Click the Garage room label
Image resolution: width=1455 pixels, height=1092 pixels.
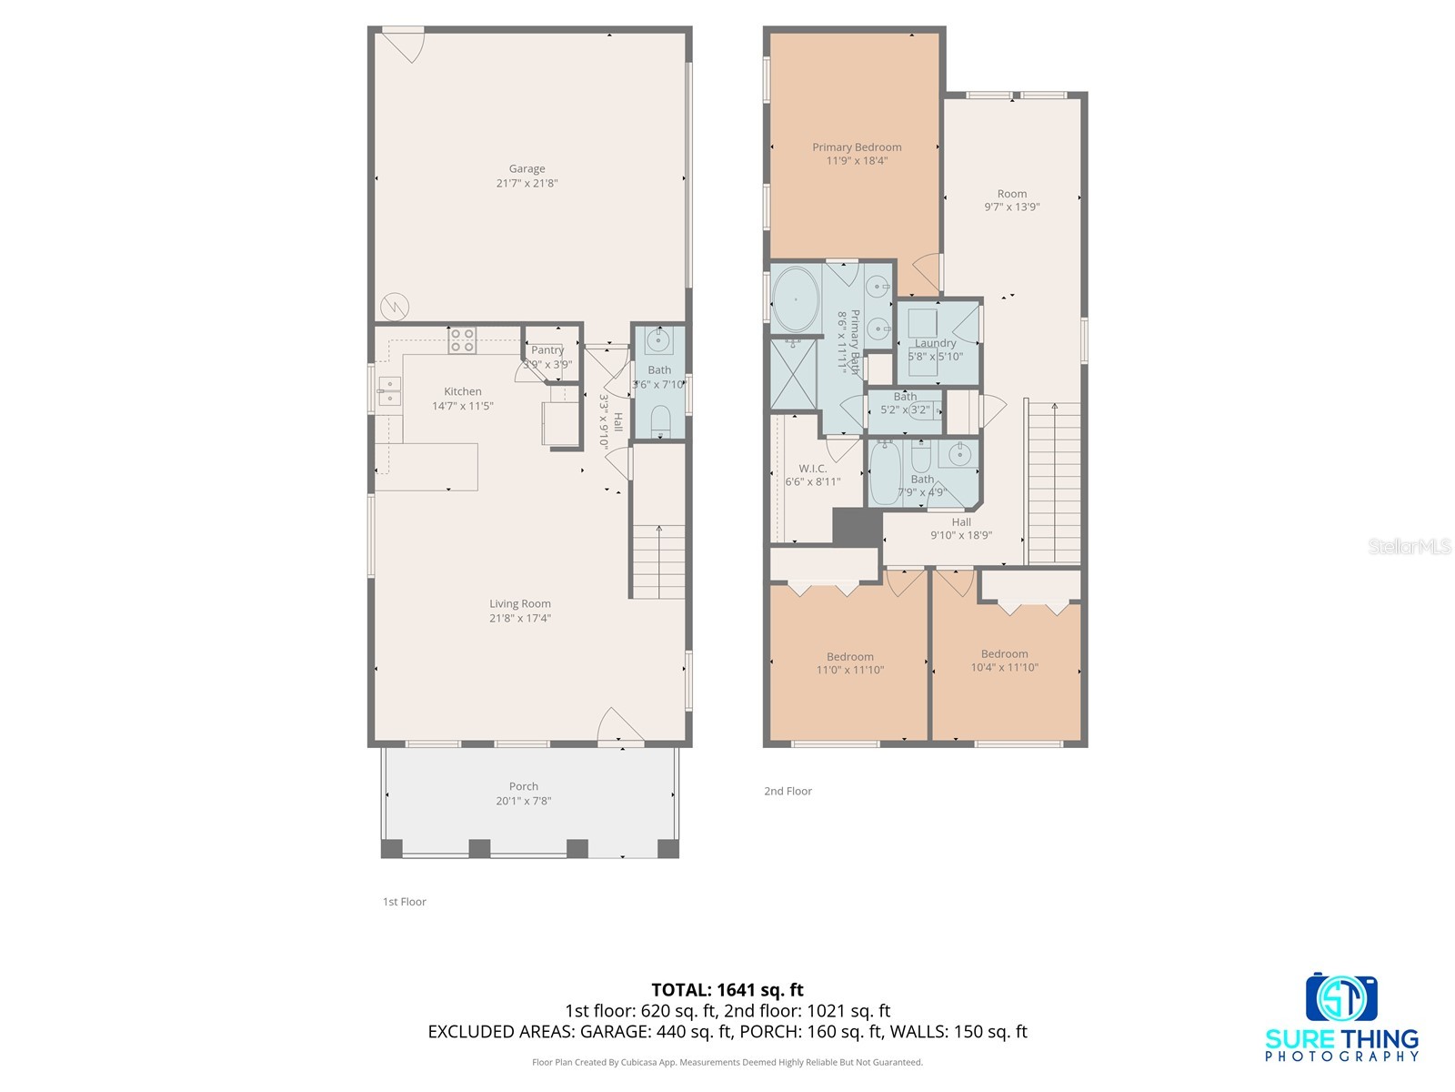(x=527, y=169)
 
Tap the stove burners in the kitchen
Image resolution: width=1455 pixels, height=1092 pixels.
(x=461, y=340)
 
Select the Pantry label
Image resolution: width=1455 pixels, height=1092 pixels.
(x=547, y=350)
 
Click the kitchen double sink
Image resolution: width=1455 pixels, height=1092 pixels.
(x=389, y=391)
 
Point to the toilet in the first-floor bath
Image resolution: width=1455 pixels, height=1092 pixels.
(x=660, y=421)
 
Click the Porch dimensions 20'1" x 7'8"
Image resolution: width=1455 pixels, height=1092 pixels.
(x=523, y=801)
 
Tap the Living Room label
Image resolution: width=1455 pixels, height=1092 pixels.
(x=520, y=604)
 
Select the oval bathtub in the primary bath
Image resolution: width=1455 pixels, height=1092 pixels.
(x=795, y=298)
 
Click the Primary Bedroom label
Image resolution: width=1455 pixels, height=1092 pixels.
(x=857, y=147)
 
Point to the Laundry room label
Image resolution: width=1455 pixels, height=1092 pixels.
(x=935, y=343)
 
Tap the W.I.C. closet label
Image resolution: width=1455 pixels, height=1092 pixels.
(x=812, y=469)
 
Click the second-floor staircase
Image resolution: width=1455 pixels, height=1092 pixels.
(x=1053, y=482)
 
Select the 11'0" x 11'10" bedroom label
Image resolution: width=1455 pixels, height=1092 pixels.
(x=850, y=663)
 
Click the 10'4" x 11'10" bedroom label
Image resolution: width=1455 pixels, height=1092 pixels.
(x=1004, y=661)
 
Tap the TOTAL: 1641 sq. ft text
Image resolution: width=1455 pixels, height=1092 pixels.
(x=727, y=990)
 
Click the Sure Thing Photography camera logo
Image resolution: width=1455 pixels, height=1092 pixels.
(x=1341, y=999)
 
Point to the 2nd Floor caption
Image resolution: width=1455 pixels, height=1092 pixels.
(x=788, y=792)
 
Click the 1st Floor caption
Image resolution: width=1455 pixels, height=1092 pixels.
(x=404, y=902)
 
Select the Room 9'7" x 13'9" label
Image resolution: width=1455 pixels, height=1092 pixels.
(x=1011, y=200)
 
